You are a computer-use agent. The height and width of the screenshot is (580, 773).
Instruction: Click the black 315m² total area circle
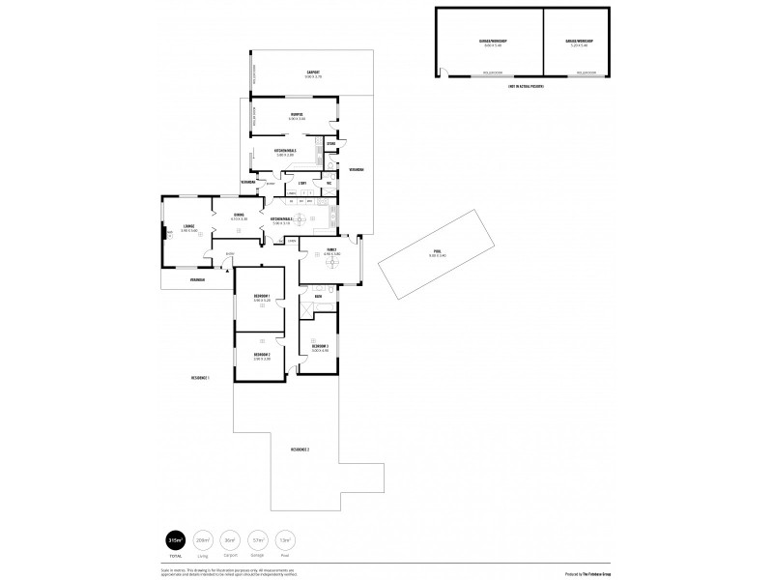pyautogui.click(x=176, y=539)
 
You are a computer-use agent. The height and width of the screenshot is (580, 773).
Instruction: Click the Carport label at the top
pyautogui.click(x=313, y=74)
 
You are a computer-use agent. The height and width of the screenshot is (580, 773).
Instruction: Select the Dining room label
pyautogui.click(x=239, y=217)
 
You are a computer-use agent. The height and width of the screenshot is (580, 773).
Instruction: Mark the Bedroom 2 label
pyautogui.click(x=261, y=357)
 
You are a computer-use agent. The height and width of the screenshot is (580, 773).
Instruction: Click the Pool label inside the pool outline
pyautogui.click(x=437, y=251)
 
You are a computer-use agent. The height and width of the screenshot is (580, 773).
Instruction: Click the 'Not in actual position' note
pyautogui.click(x=525, y=86)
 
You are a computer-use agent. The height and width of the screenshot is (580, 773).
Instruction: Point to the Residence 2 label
pyautogui.click(x=300, y=449)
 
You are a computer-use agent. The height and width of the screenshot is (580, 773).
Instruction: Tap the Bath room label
pyautogui.click(x=331, y=297)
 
